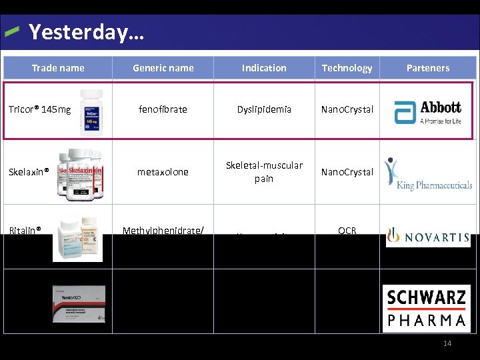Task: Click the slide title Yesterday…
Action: [x=87, y=31]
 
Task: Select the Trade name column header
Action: [x=58, y=68]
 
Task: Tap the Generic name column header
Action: [x=163, y=68]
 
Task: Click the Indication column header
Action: [x=264, y=68]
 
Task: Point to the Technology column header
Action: [x=347, y=68]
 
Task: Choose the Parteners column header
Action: [x=428, y=68]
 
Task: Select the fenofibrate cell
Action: [x=163, y=109]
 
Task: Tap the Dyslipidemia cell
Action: [x=264, y=109]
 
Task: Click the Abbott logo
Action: [x=427, y=111]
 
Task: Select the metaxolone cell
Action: [x=163, y=172]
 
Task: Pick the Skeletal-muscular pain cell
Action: [x=264, y=172]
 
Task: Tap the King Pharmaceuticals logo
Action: [x=427, y=175]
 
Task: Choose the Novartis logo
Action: [x=427, y=237]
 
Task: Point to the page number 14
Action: [x=447, y=343]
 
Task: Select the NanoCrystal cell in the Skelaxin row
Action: [x=347, y=172]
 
